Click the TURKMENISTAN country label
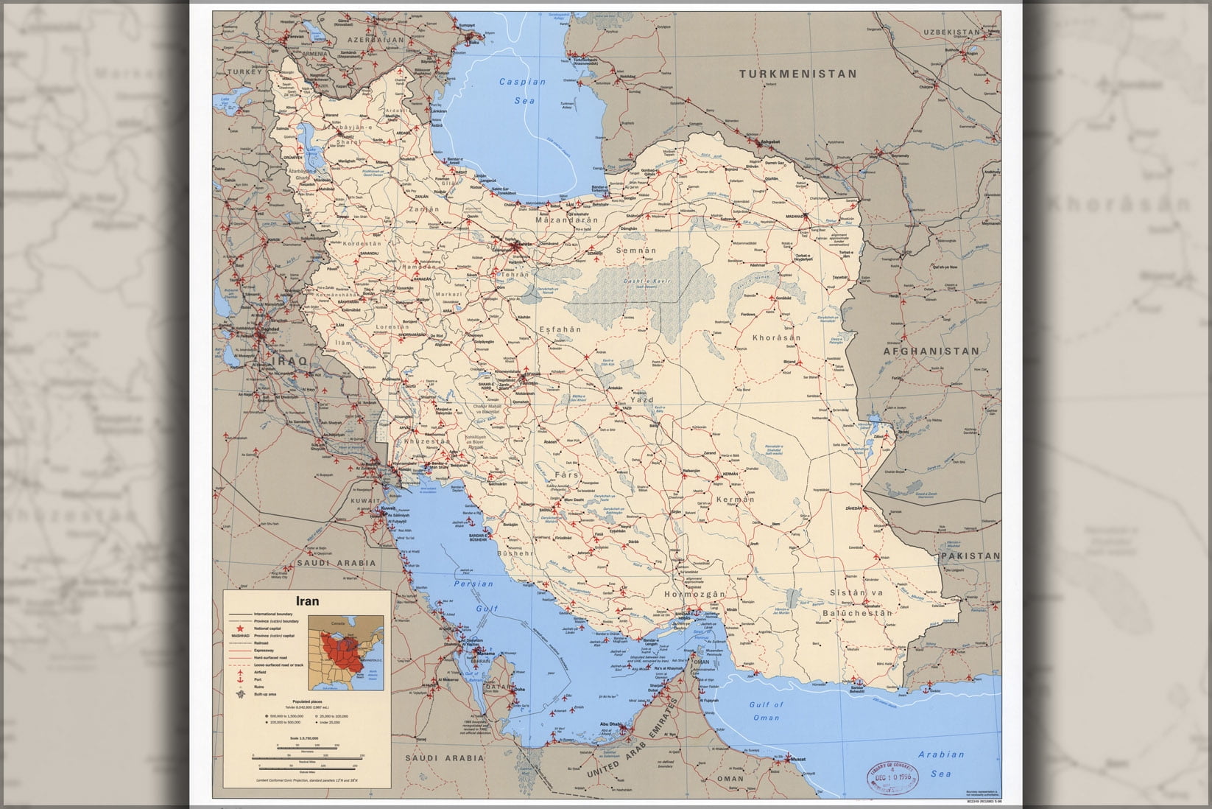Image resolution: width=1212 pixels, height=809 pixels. pyautogui.click(x=798, y=74)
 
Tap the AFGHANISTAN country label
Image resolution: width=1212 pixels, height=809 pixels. pyautogui.click(x=931, y=351)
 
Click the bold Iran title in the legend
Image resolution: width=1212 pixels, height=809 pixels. pyautogui.click(x=307, y=600)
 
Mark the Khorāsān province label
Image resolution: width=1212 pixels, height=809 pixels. pyautogui.click(x=776, y=338)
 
